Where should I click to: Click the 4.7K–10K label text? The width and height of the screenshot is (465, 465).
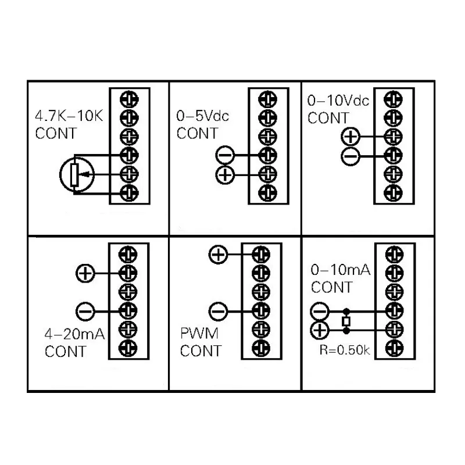pyautogui.click(x=69, y=116)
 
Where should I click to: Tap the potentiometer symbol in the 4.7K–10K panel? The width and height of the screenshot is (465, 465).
pyautogui.click(x=77, y=175)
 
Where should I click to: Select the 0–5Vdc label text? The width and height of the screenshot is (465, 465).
pyautogui.click(x=202, y=116)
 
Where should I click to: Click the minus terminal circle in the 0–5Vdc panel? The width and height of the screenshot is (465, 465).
pyautogui.click(x=225, y=155)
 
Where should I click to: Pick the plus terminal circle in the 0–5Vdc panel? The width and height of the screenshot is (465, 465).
pyautogui.click(x=225, y=174)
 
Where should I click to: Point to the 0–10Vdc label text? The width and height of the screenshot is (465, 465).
pyautogui.click(x=338, y=101)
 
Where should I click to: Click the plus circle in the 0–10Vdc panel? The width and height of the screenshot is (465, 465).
pyautogui.click(x=350, y=137)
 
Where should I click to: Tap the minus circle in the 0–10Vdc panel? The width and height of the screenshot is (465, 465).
pyautogui.click(x=350, y=156)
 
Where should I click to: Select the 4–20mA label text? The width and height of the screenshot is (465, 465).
pyautogui.click(x=75, y=334)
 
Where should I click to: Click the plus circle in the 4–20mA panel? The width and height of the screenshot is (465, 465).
pyautogui.click(x=85, y=273)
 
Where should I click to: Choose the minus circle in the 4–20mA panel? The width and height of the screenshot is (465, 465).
pyautogui.click(x=85, y=312)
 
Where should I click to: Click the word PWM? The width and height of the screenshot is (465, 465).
pyautogui.click(x=199, y=333)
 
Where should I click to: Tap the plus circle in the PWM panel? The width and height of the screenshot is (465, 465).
pyautogui.click(x=219, y=255)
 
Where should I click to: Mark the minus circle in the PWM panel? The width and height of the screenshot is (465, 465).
pyautogui.click(x=219, y=312)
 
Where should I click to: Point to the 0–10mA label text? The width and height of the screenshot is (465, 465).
pyautogui.click(x=341, y=270)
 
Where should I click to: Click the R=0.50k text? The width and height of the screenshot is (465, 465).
pyautogui.click(x=345, y=350)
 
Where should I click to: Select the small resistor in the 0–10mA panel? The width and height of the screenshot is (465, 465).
pyautogui.click(x=346, y=321)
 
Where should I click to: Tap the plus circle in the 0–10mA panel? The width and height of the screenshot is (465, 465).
pyautogui.click(x=319, y=330)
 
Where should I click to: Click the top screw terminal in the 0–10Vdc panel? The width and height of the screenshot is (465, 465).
pyautogui.click(x=394, y=99)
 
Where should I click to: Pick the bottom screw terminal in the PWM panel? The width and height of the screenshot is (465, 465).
pyautogui.click(x=261, y=348)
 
